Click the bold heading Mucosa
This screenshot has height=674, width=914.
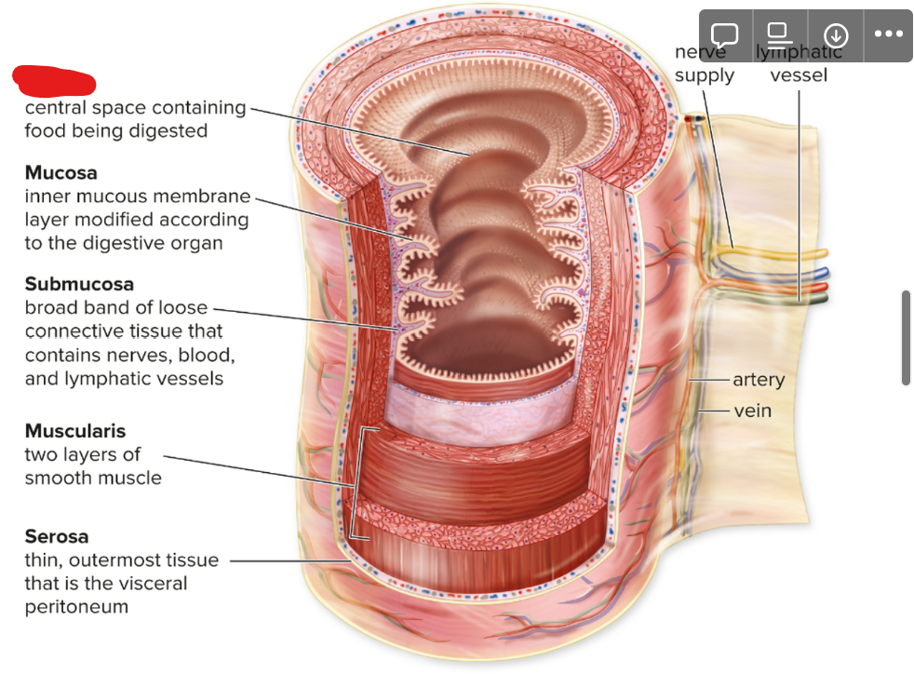(x=60, y=172)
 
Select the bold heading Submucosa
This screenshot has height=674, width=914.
(x=79, y=283)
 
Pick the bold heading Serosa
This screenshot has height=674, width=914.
(x=57, y=536)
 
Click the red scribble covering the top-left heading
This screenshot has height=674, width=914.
(x=54, y=80)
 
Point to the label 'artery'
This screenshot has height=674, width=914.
(x=759, y=380)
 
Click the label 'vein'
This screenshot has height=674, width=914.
(x=752, y=410)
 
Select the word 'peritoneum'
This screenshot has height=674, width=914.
(x=76, y=608)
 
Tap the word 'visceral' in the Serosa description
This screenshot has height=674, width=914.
(x=152, y=584)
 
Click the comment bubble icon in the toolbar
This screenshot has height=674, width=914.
(x=725, y=35)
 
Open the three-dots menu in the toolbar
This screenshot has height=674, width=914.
(x=888, y=35)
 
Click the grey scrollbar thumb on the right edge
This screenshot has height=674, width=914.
(x=906, y=337)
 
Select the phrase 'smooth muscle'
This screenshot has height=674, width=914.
(x=93, y=479)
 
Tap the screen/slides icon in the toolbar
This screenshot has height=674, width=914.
(x=780, y=35)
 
